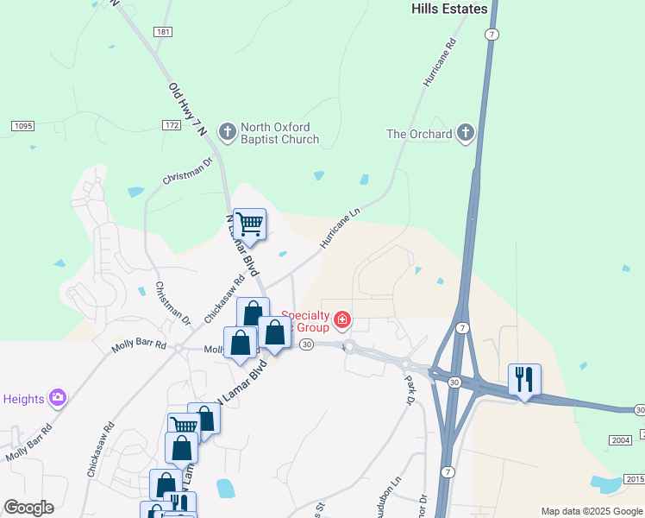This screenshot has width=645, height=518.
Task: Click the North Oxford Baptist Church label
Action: [279, 132]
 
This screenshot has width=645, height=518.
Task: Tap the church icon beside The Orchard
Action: [466, 133]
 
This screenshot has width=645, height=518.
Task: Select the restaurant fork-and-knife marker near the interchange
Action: [524, 379]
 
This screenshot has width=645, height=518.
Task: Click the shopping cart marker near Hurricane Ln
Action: [249, 224]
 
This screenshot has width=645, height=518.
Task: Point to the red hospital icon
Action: [342, 321]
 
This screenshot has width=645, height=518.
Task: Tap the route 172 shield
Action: [171, 126]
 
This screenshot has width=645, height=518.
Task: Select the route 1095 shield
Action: [23, 127]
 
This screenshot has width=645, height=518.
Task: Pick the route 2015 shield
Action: [634, 480]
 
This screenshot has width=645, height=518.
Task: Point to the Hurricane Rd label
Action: [439, 62]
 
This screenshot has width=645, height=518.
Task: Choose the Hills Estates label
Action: [448, 9]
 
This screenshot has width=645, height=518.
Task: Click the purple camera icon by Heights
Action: [58, 398]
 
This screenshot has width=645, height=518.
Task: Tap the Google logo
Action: [28, 508]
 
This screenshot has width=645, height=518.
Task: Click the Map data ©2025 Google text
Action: [592, 511]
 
